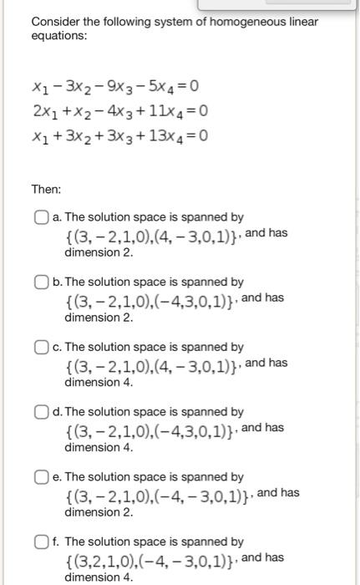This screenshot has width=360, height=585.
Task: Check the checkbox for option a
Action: pos(42,217)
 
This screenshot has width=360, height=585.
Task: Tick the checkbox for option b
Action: pos(42,282)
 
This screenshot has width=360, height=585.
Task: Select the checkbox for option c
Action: pos(42,347)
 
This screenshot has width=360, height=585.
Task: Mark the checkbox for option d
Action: pos(42,412)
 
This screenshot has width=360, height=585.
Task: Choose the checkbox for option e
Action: pos(42,477)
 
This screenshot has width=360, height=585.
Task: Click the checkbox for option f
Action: pos(42,542)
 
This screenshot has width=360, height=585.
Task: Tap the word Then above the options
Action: pos(47,189)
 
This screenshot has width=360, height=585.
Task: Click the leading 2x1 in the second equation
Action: pos(43,111)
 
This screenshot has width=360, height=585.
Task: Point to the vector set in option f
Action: pos(150,558)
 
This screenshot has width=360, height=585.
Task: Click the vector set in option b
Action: pos(150,299)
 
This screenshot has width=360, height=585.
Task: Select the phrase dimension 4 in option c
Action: pos(99,382)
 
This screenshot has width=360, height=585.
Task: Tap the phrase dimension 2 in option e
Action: pos(99,511)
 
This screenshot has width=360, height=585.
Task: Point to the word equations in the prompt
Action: pos(58,37)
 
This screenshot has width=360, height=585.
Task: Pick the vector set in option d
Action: pos(150,429)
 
